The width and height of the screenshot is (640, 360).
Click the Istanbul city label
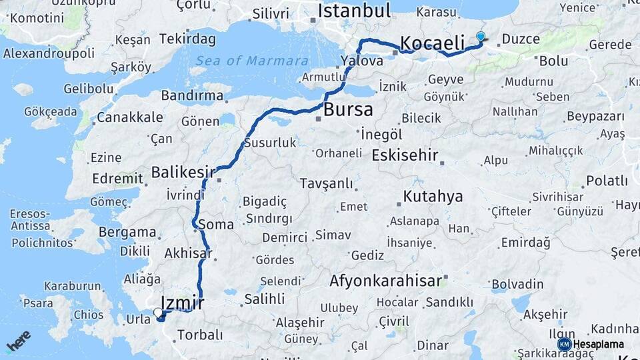[x=354, y=11]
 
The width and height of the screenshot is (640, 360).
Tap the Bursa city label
[x=348, y=110]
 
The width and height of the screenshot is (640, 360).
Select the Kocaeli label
[x=433, y=44]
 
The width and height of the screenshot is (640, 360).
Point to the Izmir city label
[x=182, y=303]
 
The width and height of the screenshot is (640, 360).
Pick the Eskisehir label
[x=405, y=156]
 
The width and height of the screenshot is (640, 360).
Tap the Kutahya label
[x=433, y=197]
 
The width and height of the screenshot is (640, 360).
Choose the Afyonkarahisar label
[x=386, y=281]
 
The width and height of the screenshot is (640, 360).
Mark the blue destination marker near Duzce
[x=481, y=36]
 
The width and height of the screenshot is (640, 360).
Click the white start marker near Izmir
[x=158, y=312]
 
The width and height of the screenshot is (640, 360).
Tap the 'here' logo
[x=18, y=341]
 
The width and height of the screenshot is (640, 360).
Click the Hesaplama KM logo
[x=591, y=344]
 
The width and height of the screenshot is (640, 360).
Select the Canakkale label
[x=129, y=118]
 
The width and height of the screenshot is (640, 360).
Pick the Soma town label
[x=216, y=225]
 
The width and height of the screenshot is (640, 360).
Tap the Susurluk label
[x=270, y=143]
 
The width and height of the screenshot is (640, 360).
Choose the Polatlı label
[x=607, y=181]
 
